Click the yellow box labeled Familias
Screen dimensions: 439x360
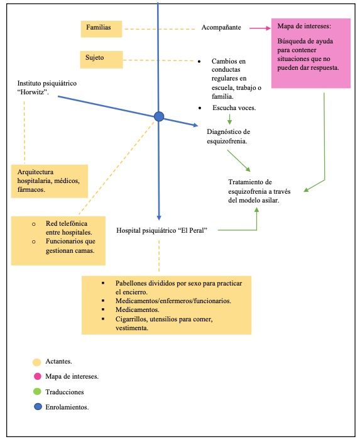(101, 28)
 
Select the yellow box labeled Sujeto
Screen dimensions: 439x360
(101, 59)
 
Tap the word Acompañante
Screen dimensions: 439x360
(221, 28)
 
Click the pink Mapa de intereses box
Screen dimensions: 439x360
(308, 53)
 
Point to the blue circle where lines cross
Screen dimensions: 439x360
(159, 116)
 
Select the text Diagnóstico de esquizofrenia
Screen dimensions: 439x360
(228, 136)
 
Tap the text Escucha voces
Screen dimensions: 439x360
(234, 108)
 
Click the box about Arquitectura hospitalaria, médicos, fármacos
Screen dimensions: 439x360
(49, 181)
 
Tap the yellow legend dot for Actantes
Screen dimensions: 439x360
(37, 362)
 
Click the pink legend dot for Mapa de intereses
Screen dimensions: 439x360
(37, 377)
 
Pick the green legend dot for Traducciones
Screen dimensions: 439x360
(37, 391)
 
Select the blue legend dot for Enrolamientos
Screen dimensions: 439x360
(37, 406)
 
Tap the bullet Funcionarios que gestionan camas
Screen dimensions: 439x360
(70, 246)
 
